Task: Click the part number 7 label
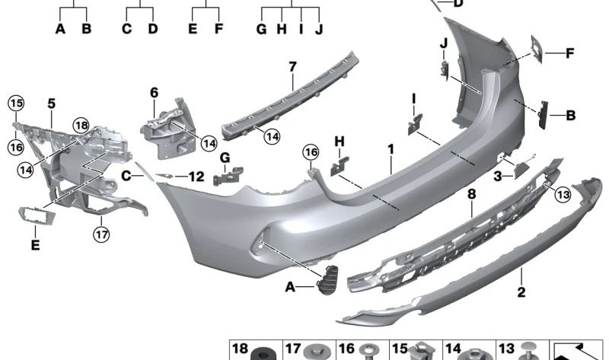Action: coord(292,67)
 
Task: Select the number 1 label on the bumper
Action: coord(391,149)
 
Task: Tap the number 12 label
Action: coord(196,177)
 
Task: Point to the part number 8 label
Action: coord(471,194)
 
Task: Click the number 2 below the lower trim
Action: coord(521,292)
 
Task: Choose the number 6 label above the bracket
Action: coord(155,93)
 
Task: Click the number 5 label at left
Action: coord(52,104)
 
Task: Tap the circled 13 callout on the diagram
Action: coord(563,194)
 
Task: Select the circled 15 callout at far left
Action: coord(16,104)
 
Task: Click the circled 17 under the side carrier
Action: coord(101,234)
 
